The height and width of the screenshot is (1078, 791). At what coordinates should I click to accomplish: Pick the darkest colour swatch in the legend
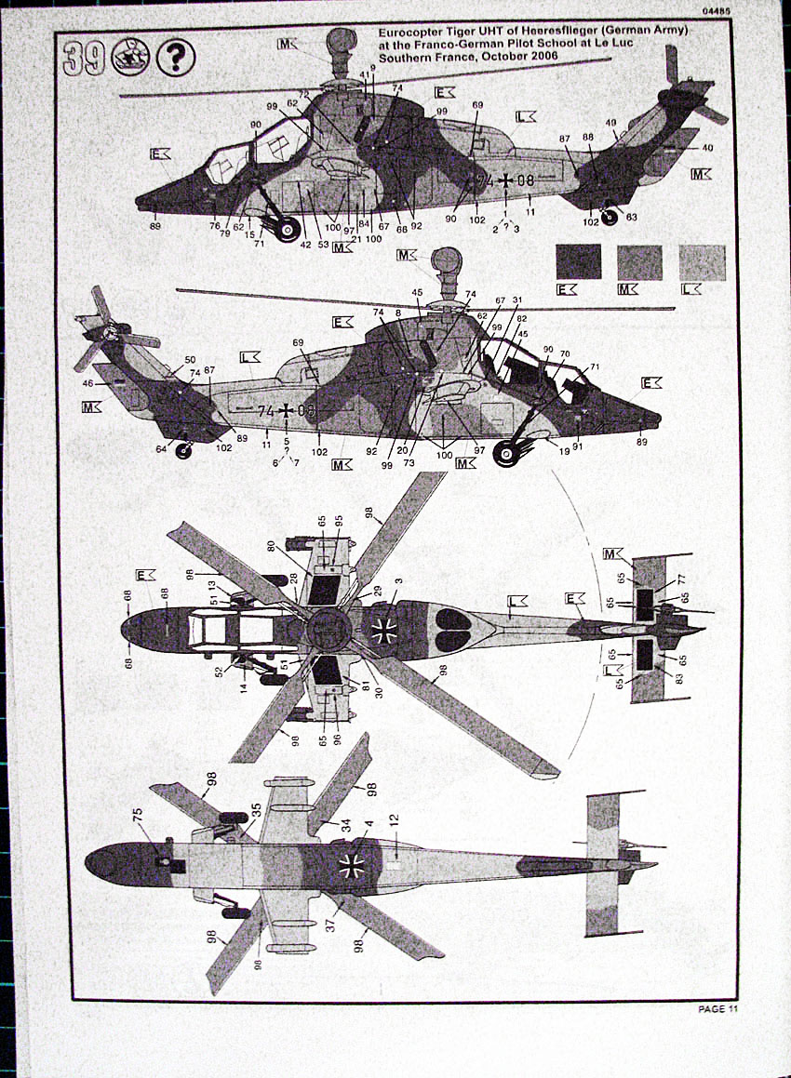(577, 262)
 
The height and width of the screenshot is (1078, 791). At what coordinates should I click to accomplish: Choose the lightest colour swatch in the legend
(703, 262)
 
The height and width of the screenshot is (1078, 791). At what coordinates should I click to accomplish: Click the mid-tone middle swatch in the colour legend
(639, 262)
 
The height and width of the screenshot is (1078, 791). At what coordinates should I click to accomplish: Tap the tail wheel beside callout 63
(609, 218)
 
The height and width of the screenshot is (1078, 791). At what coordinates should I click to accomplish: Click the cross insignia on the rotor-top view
(383, 632)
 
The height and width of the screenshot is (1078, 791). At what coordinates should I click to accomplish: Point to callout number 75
(138, 813)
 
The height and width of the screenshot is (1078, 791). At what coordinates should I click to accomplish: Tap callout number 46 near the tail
(88, 382)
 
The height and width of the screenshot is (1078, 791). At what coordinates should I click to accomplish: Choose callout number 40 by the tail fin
(707, 148)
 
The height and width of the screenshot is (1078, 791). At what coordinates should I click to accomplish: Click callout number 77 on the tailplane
(681, 578)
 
